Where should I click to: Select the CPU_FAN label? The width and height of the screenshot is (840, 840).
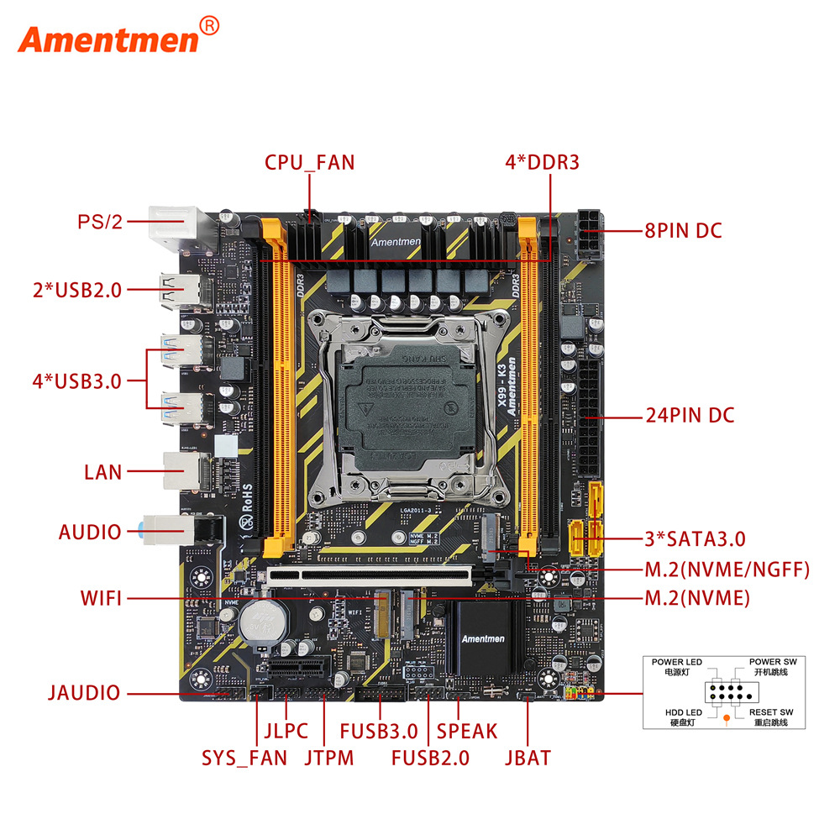(310, 162)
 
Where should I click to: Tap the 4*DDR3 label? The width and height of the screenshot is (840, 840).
(542, 162)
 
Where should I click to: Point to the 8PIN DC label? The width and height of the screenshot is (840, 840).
(683, 230)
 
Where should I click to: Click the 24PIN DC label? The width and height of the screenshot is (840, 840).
(690, 415)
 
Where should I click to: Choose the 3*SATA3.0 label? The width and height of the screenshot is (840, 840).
(695, 538)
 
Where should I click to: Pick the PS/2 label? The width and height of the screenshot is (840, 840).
(100, 222)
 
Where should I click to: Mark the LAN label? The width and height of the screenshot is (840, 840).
(103, 472)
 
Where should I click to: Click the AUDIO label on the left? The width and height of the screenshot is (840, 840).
(90, 532)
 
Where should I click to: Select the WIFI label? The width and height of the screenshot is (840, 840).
(102, 598)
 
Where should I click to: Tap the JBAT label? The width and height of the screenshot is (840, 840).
(528, 757)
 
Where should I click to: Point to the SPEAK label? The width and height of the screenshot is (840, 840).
(468, 732)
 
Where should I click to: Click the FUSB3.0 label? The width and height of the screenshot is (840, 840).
(379, 732)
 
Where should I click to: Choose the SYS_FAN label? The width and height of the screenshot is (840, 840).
(244, 757)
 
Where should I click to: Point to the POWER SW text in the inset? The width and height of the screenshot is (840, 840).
(773, 662)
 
